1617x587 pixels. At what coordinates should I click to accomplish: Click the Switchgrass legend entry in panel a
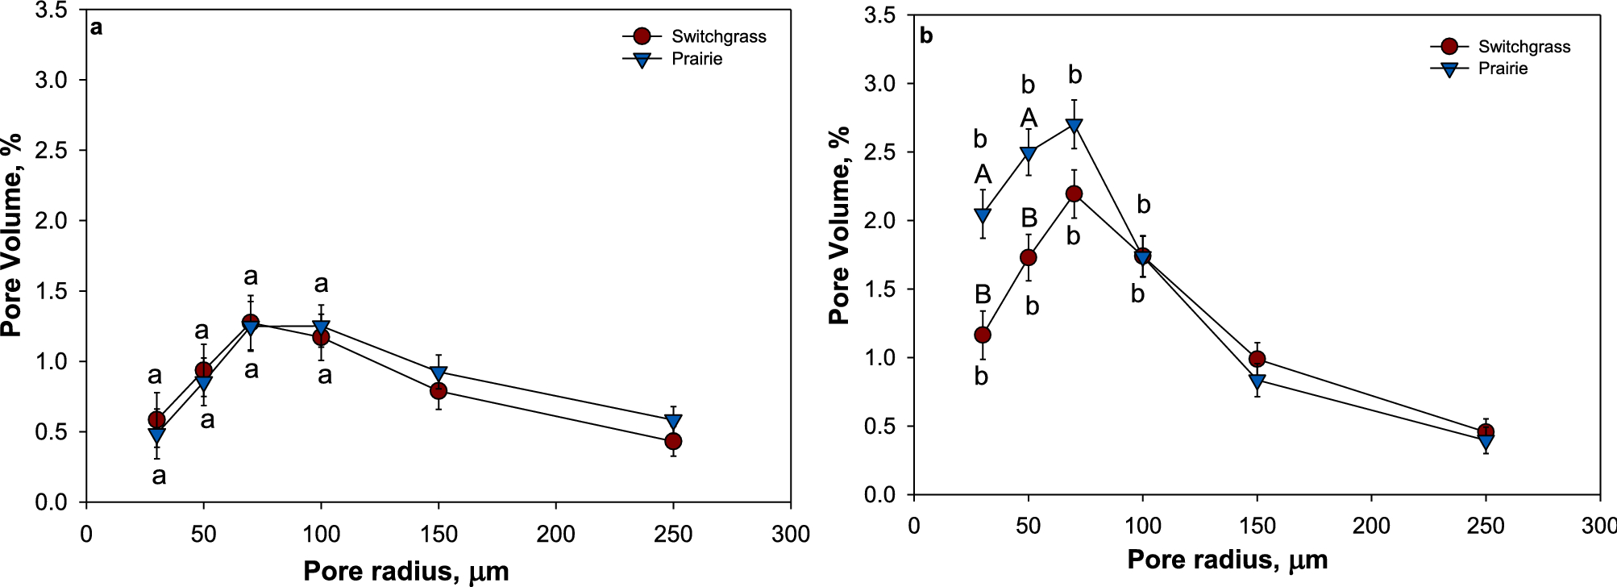717,36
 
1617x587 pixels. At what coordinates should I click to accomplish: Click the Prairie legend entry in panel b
1502,69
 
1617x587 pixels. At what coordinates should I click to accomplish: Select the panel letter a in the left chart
97,28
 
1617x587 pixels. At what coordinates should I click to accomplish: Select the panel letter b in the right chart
926,36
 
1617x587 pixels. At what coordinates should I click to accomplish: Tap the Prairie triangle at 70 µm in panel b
1074,126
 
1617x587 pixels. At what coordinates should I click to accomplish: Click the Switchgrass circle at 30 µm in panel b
982,335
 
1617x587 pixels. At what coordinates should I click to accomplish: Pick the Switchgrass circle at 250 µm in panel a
673,441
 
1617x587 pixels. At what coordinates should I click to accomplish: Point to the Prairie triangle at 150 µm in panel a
439,373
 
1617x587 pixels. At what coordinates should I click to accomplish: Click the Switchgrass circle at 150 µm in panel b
1257,359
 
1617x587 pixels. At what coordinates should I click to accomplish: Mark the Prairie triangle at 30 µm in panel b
982,216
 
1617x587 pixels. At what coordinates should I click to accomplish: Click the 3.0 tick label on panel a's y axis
51,80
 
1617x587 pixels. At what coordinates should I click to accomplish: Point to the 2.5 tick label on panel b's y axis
879,152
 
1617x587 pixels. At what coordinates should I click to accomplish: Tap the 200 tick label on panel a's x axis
556,534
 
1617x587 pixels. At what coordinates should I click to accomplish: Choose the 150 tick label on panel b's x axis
1257,526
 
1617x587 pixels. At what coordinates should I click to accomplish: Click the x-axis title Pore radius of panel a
405,571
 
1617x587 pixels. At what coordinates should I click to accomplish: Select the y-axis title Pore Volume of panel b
840,226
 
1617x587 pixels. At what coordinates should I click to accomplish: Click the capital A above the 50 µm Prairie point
1029,119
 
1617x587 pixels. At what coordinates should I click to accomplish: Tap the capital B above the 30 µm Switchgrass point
982,293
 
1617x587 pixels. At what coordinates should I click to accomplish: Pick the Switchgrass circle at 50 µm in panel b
1028,257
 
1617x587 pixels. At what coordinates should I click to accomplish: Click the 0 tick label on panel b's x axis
913,526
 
